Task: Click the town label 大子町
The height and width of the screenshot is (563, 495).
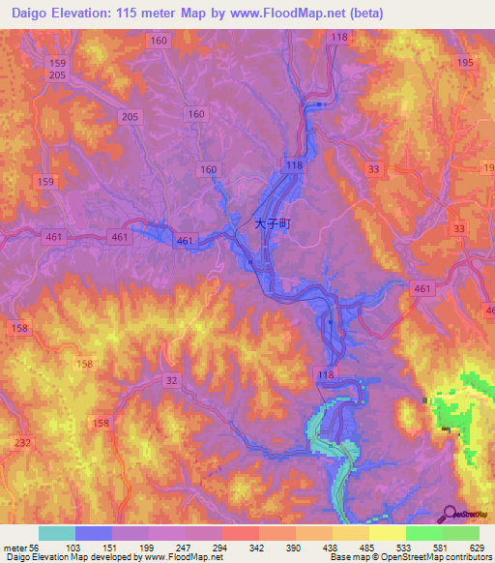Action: coord(273,222)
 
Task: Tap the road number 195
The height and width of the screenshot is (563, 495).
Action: coord(467,62)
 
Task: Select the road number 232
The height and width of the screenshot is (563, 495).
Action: coord(21,443)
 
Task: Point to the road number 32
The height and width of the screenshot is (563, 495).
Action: coord(170,381)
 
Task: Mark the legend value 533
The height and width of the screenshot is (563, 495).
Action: coord(406,547)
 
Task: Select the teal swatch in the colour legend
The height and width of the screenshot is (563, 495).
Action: coord(57,533)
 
